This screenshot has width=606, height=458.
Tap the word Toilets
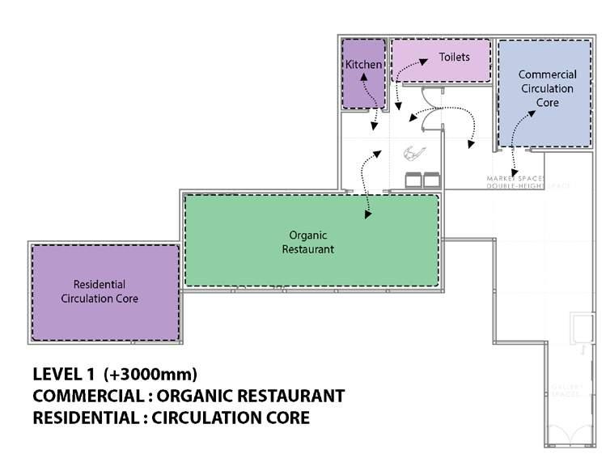(454, 57)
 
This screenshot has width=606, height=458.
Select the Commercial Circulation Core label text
(547, 88)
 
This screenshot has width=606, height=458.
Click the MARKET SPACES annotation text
(515, 178)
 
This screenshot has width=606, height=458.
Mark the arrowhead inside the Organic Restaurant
(368, 215)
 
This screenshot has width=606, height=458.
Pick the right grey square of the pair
(430, 179)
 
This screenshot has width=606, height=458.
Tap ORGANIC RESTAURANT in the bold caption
(251, 397)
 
